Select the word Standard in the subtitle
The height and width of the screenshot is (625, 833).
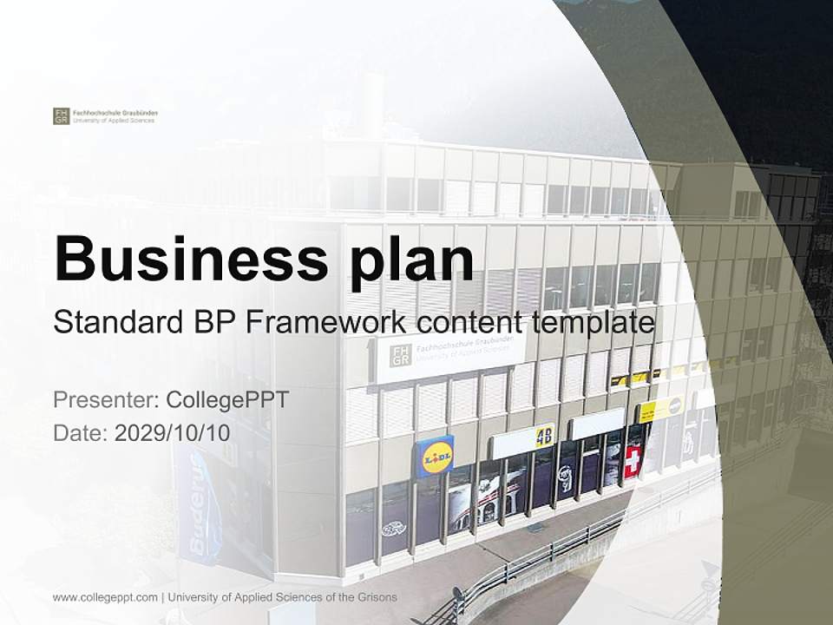pos(114,324)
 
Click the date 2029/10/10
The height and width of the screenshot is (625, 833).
pos(173,432)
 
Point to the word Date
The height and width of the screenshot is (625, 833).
pos(79,432)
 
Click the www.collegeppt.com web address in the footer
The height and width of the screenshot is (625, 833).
pos(105,597)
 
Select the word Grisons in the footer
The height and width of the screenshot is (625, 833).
pos(376,597)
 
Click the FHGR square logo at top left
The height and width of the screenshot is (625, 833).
pos(61,116)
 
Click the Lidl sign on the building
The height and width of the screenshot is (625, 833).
pos(436,456)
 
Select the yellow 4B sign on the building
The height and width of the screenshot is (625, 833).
pos(544,434)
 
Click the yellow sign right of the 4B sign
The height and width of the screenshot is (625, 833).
pos(661,410)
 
